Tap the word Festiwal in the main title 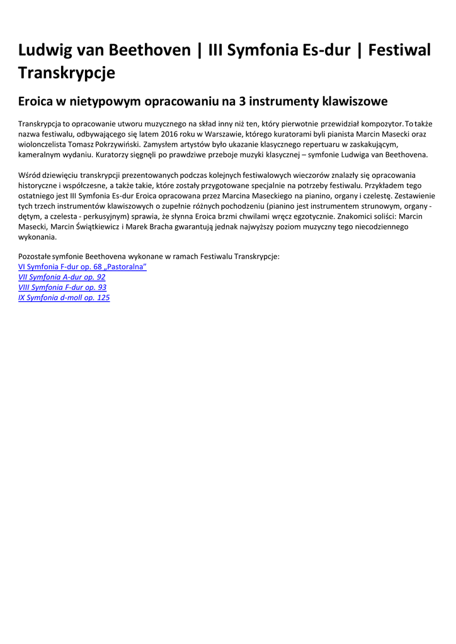click(x=400, y=50)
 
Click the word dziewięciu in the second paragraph click(x=60, y=175)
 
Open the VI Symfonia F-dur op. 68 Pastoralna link click(x=83, y=267)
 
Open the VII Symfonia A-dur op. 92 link click(x=62, y=277)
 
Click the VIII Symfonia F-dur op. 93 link click(x=62, y=287)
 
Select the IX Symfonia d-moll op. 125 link click(x=64, y=297)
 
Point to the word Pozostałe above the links click(x=35, y=257)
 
